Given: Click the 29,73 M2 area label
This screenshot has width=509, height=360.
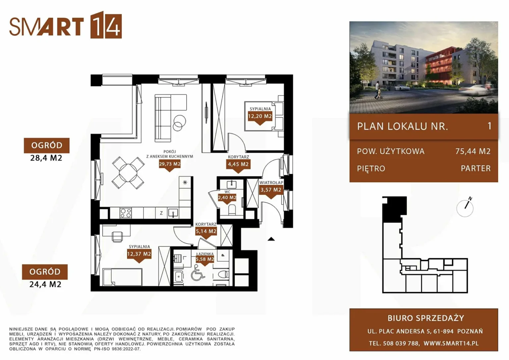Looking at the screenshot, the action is point(170,164).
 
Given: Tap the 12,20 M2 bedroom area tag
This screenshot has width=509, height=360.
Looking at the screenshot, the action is point(260,116).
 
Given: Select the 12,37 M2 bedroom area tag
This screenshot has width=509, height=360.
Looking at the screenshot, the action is point(139,254).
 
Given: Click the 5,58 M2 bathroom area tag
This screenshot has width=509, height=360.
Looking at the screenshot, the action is point(205,259).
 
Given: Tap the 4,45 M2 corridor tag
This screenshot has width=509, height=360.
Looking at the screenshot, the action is point(238,164).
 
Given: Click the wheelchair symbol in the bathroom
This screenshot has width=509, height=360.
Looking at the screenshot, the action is point(198,273).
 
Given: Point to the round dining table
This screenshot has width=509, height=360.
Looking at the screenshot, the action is point(128,173).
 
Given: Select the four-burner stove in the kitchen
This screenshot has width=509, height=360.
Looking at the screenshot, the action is point(126,213).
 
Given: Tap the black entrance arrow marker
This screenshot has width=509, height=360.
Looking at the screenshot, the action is point(271,239).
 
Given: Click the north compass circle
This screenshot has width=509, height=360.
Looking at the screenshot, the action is point(465,209).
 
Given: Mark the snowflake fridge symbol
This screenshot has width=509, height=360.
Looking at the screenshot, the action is point(185,182).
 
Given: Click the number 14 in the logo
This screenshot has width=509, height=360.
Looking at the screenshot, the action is point(106,25).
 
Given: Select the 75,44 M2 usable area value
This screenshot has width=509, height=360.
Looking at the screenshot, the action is point(473,151).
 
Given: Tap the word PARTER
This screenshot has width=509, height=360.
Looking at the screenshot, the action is point(476,168).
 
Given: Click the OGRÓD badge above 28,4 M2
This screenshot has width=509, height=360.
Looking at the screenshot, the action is point(47,146).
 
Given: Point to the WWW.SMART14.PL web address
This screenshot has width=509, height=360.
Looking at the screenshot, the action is point(451,343).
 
